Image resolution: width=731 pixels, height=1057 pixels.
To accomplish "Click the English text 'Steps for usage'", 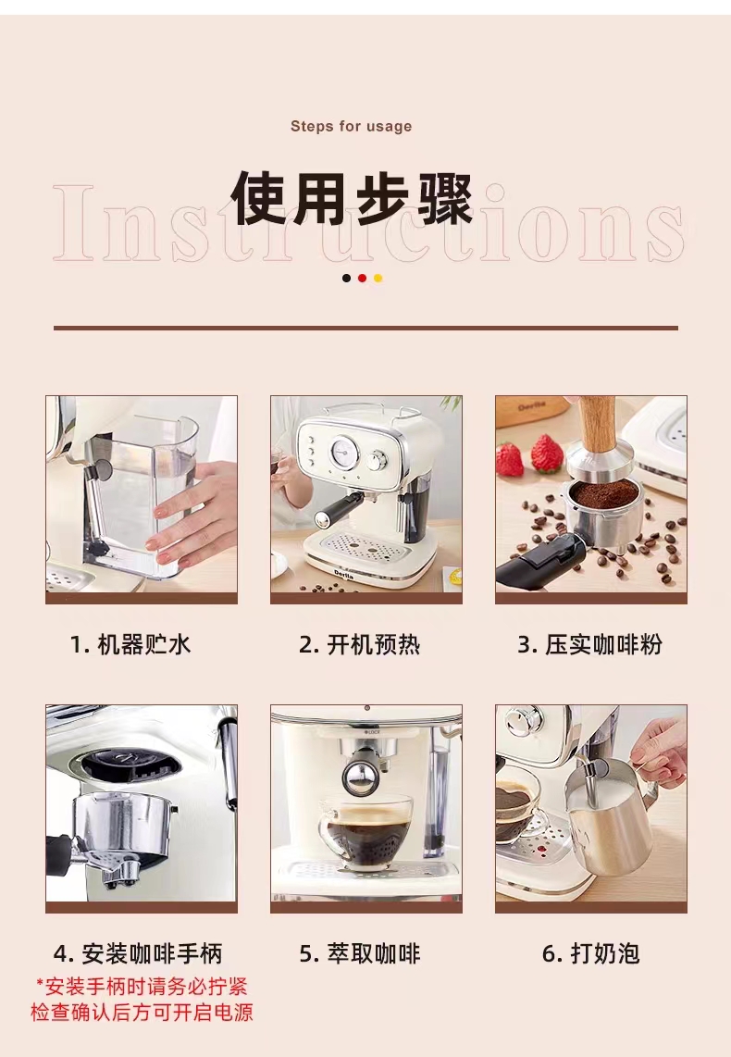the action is point(351,126).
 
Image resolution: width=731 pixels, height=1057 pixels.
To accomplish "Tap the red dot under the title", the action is point(363,278).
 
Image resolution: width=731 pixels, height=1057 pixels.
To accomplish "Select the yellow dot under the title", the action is point(378,278).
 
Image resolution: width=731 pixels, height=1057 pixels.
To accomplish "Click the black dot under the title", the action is point(346,278).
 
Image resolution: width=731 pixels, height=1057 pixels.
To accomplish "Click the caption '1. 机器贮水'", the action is point(130,644).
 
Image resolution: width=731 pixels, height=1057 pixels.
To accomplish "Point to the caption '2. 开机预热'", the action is point(360,644).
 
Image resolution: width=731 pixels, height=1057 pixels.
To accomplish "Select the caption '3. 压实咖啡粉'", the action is point(590,644).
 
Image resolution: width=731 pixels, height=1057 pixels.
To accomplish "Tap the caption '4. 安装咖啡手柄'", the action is point(138,953).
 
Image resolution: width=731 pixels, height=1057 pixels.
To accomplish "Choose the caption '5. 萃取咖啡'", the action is point(360,953).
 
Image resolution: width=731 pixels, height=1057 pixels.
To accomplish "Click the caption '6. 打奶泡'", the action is point(591,953).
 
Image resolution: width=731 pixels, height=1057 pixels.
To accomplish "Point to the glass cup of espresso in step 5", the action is point(364,830).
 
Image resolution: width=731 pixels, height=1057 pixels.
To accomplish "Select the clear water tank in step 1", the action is point(142,495).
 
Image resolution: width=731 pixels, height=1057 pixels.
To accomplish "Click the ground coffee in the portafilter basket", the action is point(603,494).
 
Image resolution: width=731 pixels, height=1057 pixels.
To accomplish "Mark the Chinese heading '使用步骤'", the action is point(352,199).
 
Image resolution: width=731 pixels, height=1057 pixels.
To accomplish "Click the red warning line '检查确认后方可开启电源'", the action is point(142,1012).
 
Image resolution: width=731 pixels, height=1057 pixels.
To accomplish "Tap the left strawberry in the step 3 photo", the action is point(510,459).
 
